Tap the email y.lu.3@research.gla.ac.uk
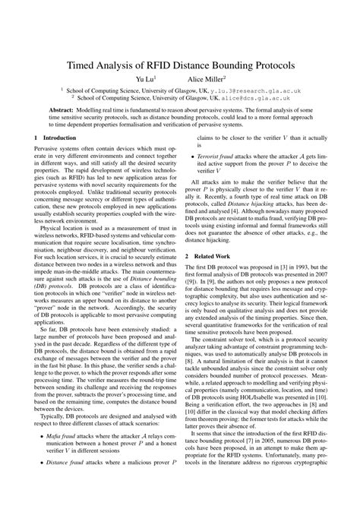254,90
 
